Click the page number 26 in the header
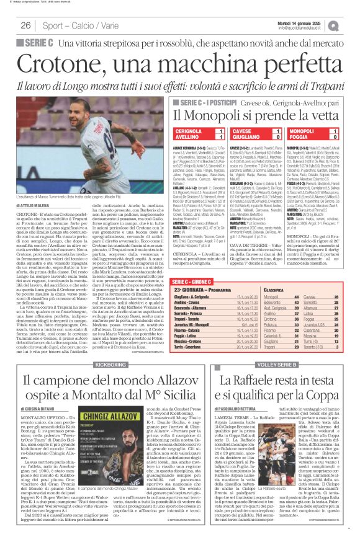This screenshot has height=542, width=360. (25, 26)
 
